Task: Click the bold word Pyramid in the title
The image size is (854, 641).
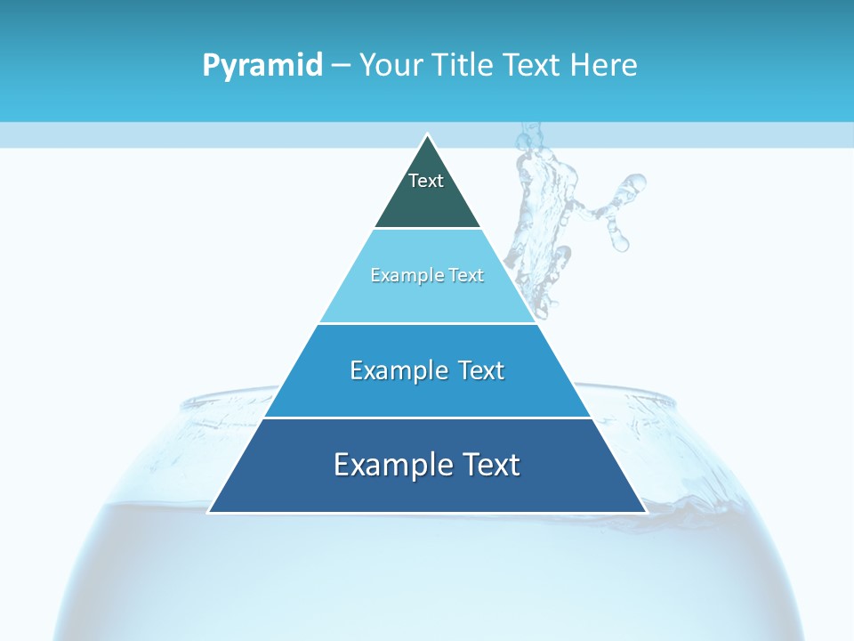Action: click(262, 65)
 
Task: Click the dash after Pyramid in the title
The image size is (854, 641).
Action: click(340, 65)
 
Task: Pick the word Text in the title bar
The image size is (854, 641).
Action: click(533, 65)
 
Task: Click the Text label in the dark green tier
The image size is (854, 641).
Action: click(426, 181)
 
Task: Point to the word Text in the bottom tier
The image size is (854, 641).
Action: click(488, 465)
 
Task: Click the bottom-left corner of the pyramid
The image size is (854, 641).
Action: click(210, 512)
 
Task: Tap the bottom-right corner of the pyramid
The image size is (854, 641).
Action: click(645, 512)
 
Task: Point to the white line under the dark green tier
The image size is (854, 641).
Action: click(427, 229)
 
